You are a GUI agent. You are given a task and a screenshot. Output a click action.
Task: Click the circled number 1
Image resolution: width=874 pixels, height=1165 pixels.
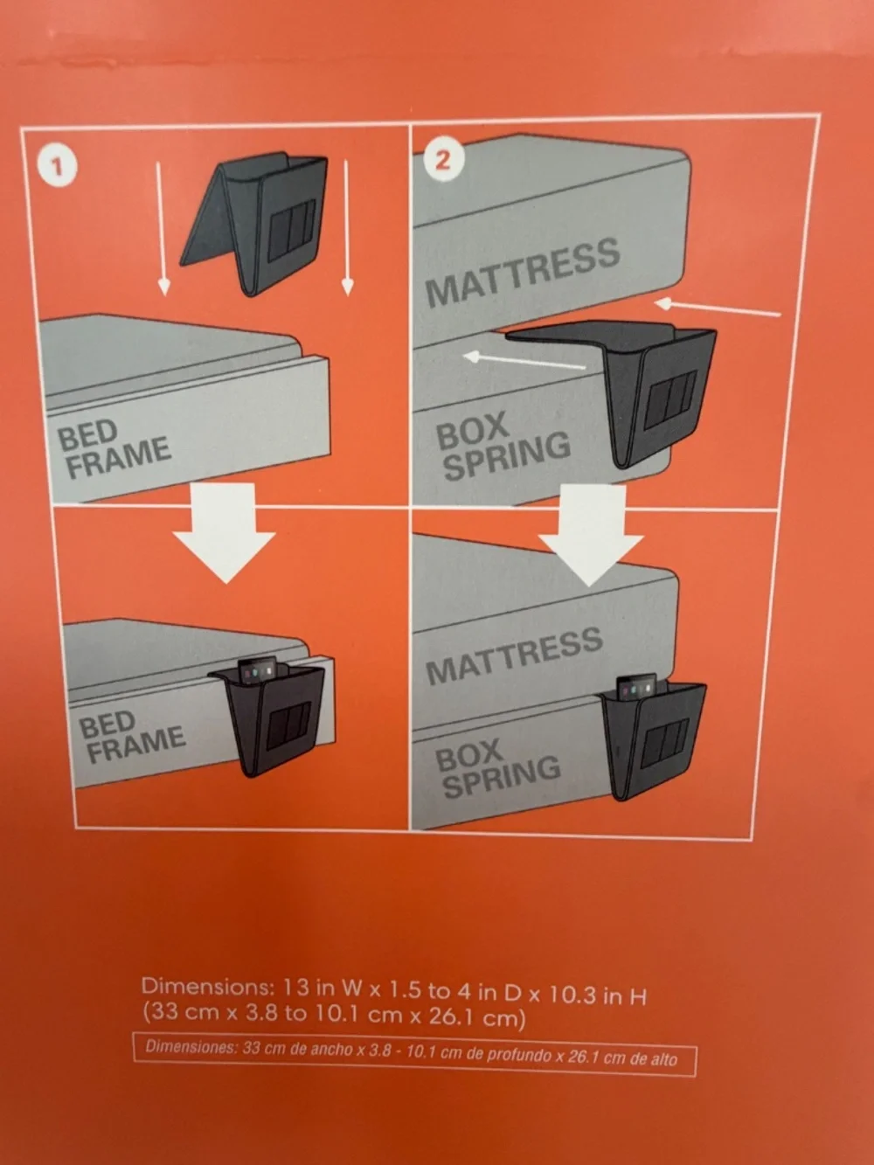coord(58,167)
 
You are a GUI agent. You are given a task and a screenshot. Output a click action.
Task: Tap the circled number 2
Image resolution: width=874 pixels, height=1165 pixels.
coord(443,159)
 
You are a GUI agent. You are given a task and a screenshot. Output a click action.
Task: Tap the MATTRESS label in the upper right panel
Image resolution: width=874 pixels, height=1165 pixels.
coord(523,273)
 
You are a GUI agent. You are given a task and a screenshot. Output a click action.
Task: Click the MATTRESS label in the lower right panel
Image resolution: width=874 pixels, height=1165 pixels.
coord(515,656)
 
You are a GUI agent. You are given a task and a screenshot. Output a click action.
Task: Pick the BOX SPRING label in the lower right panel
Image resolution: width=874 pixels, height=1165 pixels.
coord(497,767)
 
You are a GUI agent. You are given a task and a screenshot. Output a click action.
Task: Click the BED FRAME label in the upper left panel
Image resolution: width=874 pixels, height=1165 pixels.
coord(114,448)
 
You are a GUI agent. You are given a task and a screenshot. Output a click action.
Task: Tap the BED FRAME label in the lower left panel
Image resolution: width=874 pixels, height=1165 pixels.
coord(131,736)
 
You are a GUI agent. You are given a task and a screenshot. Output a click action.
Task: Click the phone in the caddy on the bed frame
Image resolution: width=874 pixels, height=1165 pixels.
coord(258,671)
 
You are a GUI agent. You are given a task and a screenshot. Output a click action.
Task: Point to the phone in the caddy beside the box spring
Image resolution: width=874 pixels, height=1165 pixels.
coord(637,687)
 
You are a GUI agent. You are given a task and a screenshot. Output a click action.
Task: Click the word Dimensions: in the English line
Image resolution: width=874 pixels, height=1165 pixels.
coord(207,987)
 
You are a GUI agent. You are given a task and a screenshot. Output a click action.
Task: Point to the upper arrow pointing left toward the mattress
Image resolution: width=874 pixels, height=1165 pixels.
coord(718,308)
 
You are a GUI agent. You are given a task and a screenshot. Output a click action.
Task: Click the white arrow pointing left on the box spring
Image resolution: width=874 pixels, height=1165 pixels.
coord(524,359)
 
